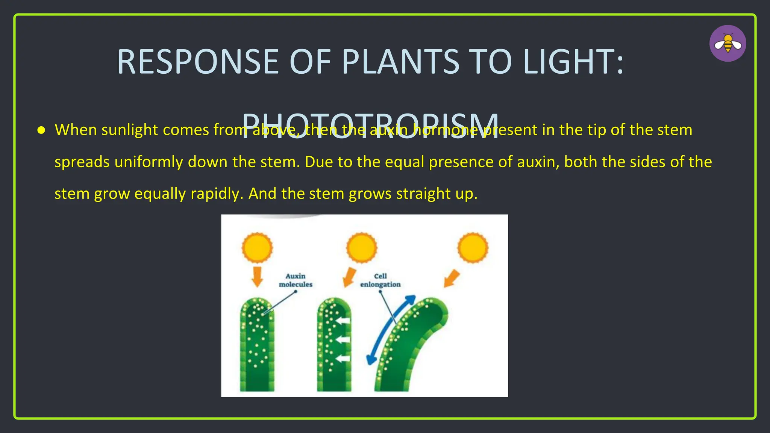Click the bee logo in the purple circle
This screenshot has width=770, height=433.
click(728, 44)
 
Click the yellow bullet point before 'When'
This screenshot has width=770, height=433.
click(41, 130)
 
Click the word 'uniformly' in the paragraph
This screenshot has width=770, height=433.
click(149, 162)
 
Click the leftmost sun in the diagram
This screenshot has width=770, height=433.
click(257, 248)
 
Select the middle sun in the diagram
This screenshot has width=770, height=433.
click(361, 248)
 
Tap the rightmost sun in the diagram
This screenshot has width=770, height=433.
click(473, 248)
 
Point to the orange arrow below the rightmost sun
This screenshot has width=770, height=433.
click(452, 279)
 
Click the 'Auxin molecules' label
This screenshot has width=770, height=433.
click(296, 280)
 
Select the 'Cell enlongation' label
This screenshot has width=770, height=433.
click(380, 280)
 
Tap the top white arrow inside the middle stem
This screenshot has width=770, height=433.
click(343, 321)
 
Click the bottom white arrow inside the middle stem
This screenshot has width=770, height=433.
click(343, 358)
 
